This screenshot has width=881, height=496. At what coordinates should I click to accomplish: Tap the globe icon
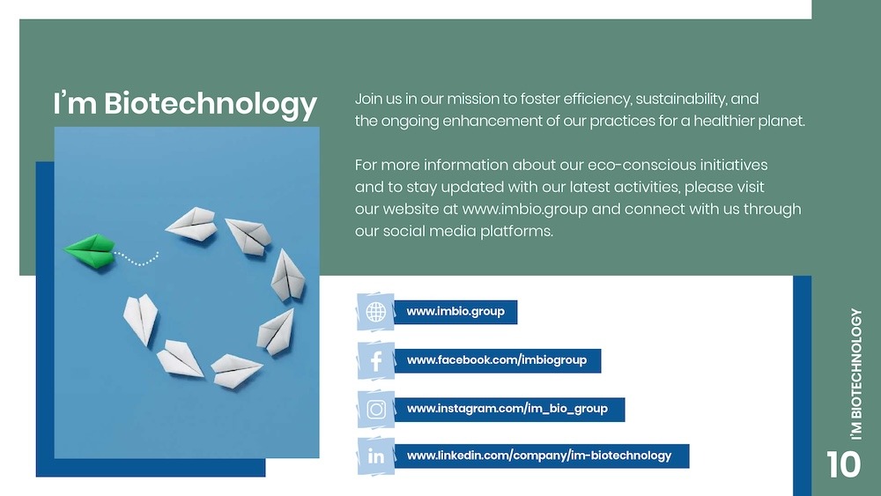tap(376, 312)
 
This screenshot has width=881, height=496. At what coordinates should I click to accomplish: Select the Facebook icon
tap(376, 360)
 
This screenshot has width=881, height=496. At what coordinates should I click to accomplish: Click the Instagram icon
tap(376, 409)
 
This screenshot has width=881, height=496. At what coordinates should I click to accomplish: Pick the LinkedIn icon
tap(376, 456)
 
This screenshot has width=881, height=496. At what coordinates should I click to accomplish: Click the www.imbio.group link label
tap(455, 312)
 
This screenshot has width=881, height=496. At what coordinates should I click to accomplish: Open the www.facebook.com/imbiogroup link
tap(497, 360)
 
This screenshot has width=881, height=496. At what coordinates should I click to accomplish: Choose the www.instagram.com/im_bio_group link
tap(507, 409)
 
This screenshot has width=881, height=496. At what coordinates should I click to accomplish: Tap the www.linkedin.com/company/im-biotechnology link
tap(539, 455)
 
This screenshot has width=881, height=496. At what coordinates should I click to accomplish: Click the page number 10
tap(843, 464)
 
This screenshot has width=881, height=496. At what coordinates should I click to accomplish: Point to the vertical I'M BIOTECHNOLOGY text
tap(856, 373)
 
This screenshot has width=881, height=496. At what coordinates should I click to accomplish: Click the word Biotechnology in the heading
tap(210, 104)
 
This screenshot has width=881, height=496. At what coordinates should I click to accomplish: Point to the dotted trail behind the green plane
tap(137, 259)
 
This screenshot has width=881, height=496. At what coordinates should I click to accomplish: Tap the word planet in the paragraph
tap(781, 121)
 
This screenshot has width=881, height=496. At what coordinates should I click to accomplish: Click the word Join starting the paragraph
tap(369, 99)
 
